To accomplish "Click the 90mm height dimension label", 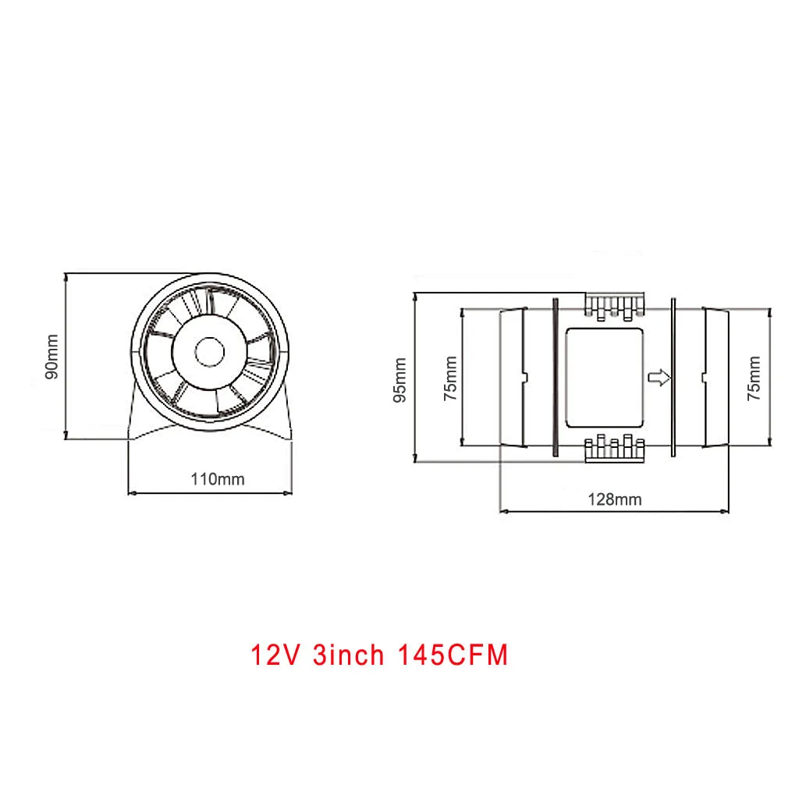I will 51,357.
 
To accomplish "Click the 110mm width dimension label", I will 218,479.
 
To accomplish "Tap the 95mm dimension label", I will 399,379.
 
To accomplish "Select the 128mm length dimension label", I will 615,499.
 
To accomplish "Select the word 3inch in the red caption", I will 348,655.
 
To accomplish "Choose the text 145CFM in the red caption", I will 453,655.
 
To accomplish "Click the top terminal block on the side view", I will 616,306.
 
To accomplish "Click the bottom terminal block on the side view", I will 616,450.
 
